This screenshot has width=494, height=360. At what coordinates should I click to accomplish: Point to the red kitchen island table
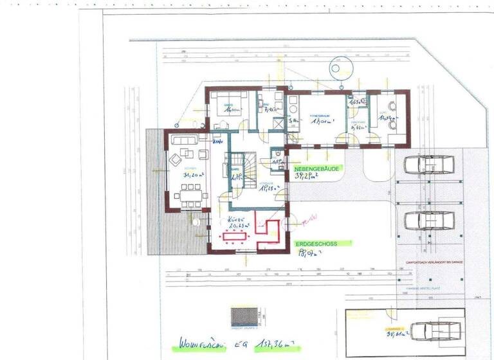click(x=236, y=237)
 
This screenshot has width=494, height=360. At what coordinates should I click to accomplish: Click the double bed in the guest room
click(x=229, y=104)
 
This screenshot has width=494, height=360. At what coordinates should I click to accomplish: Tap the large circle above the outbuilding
click(x=336, y=67)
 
